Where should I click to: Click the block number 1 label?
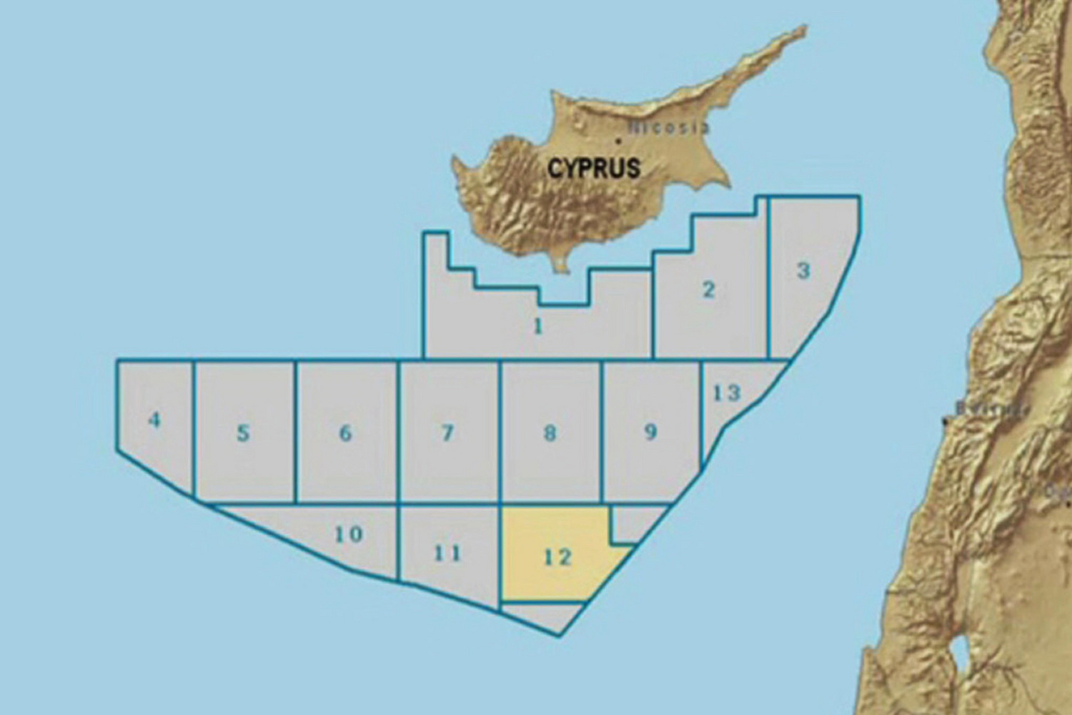coord(538,327)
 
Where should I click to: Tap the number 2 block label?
coord(708,290)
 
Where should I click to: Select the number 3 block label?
coord(803,271)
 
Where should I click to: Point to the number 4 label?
coord(154,420)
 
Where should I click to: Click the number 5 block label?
coord(243,433)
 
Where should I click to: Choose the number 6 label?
coord(345,433)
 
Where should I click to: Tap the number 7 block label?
coord(447,433)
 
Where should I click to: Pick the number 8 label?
coord(549,433)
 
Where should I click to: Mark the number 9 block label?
coord(650,432)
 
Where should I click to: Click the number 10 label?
coord(349,534)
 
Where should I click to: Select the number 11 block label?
coord(447,553)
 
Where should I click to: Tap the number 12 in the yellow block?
coord(557,557)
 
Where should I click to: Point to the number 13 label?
coord(727,393)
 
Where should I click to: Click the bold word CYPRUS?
coord(594,169)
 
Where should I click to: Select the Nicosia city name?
coord(668,128)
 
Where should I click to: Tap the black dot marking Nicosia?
coord(617,142)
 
